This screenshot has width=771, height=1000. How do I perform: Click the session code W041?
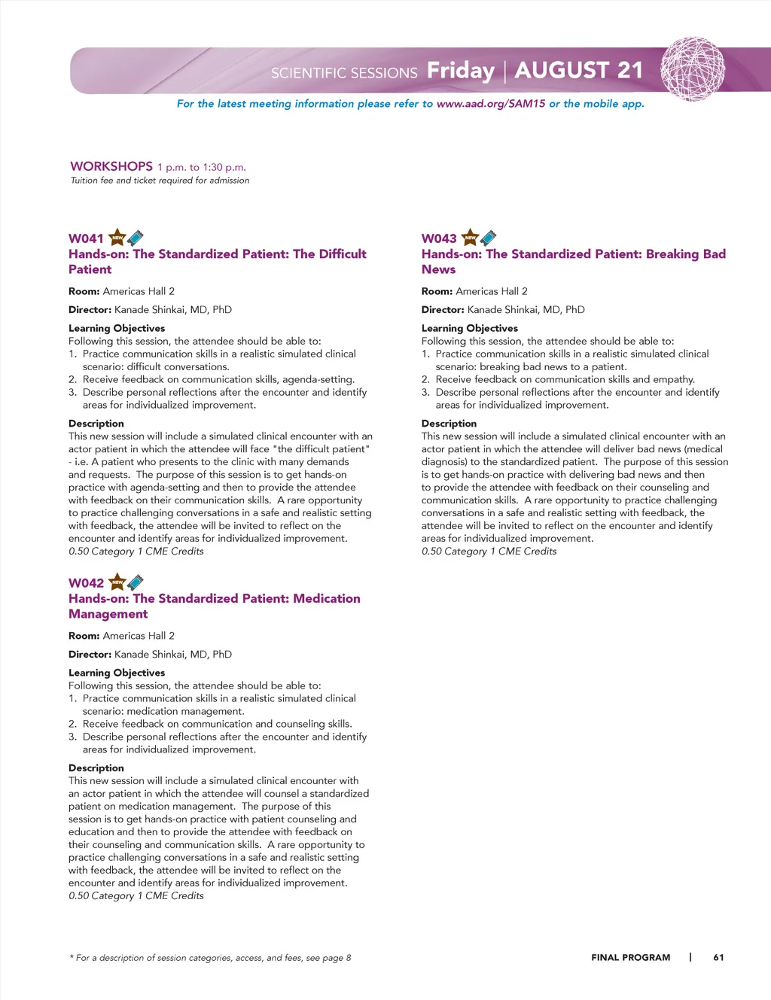tap(86, 239)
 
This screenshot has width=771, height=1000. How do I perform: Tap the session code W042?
tap(86, 583)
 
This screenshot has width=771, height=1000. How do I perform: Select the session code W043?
tap(439, 239)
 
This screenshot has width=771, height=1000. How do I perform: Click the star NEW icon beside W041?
tap(117, 238)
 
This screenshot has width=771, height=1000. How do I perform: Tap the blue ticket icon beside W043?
tap(488, 238)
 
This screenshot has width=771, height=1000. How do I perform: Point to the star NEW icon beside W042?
tap(117, 582)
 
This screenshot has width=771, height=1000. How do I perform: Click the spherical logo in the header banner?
tap(692, 68)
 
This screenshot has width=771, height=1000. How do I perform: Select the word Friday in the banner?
tap(460, 71)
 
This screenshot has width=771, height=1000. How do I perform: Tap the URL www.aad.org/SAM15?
tap(491, 104)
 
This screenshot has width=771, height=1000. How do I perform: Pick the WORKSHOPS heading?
tap(111, 166)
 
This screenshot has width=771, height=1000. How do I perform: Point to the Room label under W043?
tap(437, 291)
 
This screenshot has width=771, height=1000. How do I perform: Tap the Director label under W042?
tap(90, 655)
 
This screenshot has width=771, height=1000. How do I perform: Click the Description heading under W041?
tap(96, 424)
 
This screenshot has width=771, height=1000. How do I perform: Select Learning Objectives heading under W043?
tap(470, 328)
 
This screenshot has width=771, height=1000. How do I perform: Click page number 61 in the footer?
tap(718, 958)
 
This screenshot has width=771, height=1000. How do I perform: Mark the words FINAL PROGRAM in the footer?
tap(630, 958)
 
